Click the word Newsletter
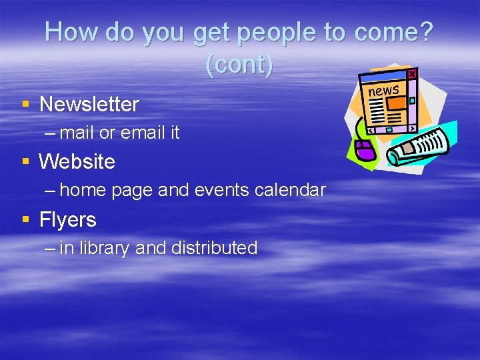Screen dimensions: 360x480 [89, 105]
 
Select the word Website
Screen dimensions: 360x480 [77, 162]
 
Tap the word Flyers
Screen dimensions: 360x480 [68, 220]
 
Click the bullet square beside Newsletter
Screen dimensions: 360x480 [25, 104]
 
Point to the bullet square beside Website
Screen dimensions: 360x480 [25, 161]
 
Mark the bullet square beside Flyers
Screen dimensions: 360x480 [25, 219]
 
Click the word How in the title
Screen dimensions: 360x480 [71, 33]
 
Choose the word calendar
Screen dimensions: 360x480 [289, 190]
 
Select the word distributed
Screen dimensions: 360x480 [214, 248]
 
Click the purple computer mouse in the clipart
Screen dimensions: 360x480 [365, 149]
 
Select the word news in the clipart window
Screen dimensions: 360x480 [383, 90]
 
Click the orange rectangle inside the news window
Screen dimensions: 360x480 [397, 103]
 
